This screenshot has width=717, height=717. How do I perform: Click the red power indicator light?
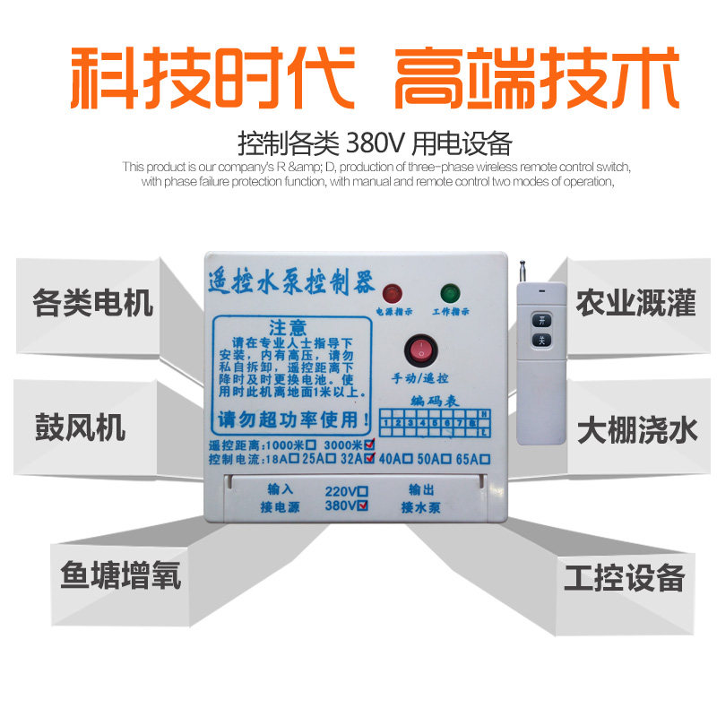tap(392, 293)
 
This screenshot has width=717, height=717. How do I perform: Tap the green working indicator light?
tap(448, 293)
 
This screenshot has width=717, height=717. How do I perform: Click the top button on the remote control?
tap(540, 318)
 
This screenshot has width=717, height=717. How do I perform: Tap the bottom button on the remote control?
tap(540, 340)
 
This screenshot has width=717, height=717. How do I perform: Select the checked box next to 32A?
tap(368, 459)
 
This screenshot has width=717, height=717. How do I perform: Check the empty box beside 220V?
tap(362, 491)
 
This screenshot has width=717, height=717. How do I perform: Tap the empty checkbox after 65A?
tap(485, 459)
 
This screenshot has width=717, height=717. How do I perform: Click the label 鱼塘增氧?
tap(120, 574)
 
